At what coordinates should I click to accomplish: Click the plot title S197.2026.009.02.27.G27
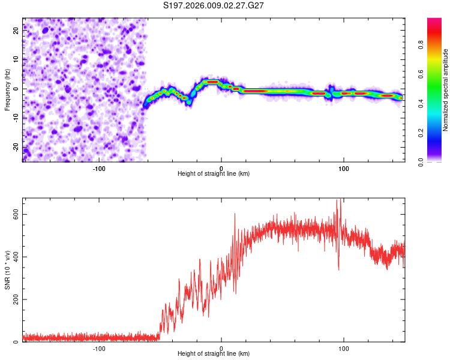pos(214,5)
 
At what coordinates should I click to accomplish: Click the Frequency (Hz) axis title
pos(7,90)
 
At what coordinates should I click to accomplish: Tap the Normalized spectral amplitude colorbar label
pos(446,90)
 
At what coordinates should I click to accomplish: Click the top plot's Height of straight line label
pos(214,173)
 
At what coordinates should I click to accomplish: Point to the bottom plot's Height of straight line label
pos(214,353)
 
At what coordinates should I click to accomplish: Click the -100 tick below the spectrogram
pos(99,169)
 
